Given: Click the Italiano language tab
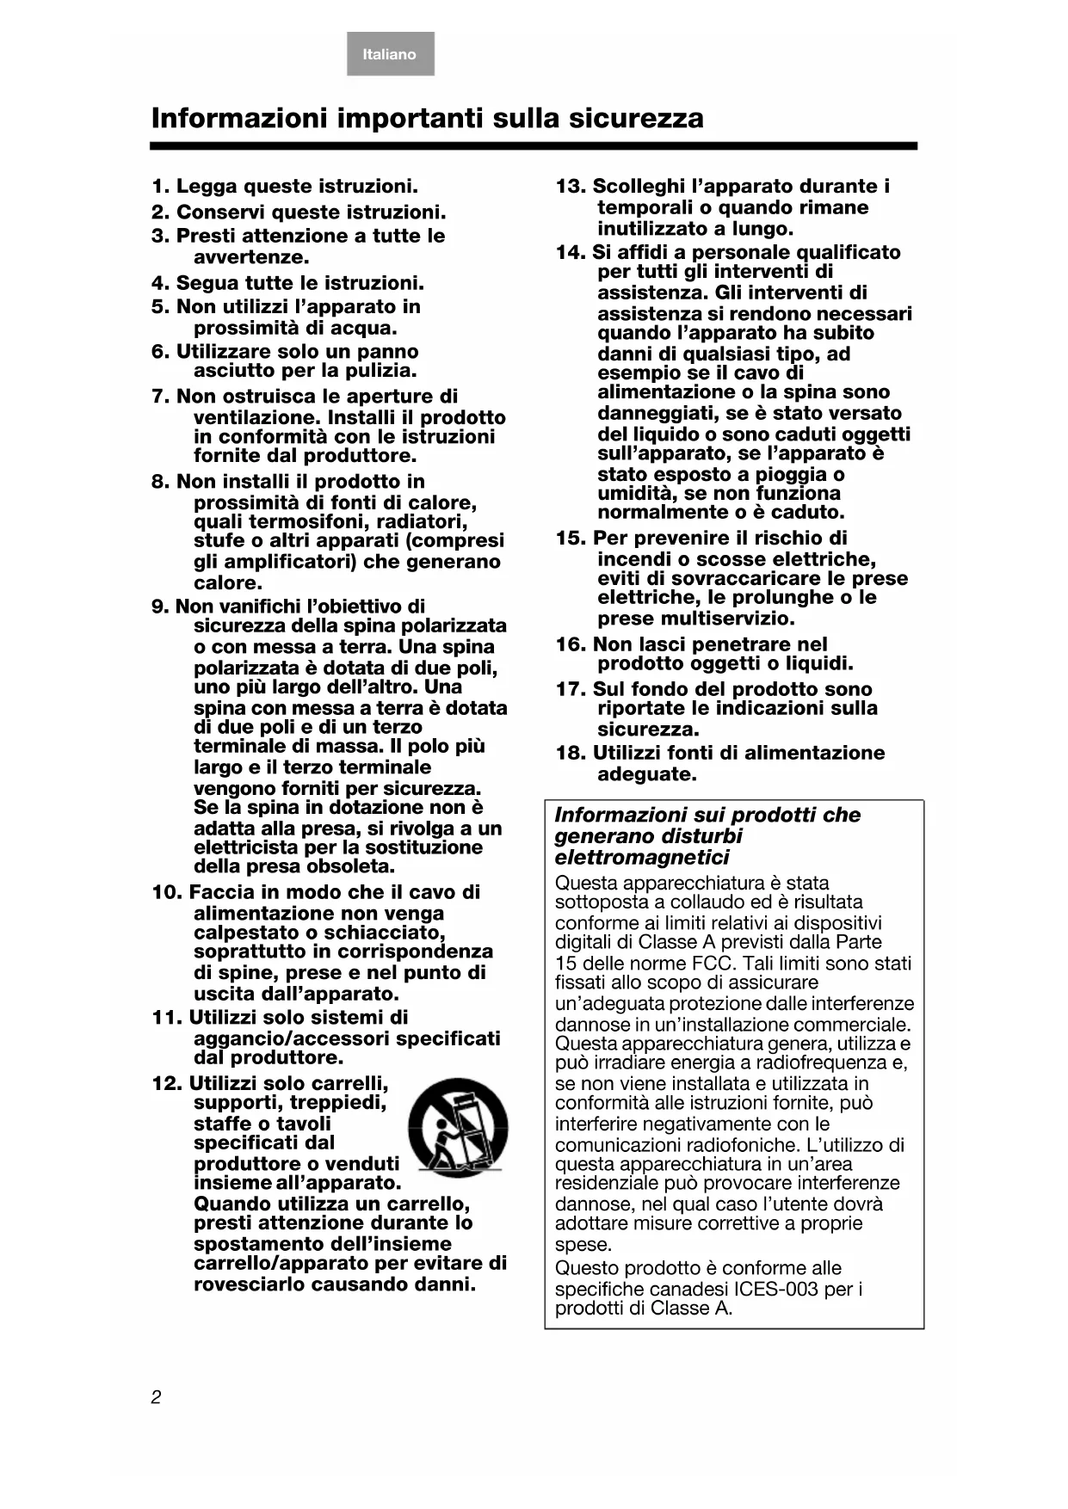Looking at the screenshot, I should pos(390,54).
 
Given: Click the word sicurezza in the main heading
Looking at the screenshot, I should pos(636,118).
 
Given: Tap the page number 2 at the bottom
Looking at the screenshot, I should pos(156,1397).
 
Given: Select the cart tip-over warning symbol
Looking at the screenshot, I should pos(458,1128).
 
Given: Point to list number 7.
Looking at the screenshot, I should pos(161,397).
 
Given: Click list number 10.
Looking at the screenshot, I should pos(167,893).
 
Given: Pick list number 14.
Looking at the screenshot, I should pos(571,253).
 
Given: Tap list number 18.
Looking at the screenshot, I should pos(571,754).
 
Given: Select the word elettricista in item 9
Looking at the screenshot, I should pos(246,847).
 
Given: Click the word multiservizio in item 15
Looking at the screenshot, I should pos(725,619).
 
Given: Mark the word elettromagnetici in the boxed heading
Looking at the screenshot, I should pos(642,858).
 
